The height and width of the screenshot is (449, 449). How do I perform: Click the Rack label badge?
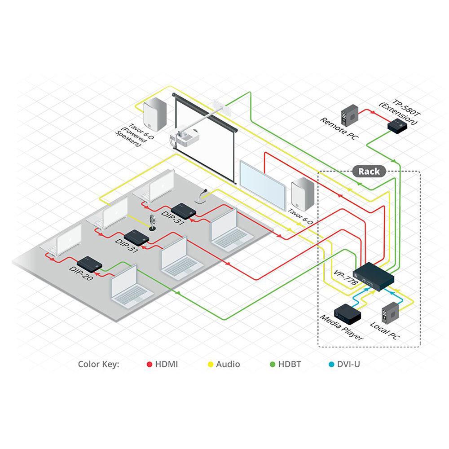tap(369, 171)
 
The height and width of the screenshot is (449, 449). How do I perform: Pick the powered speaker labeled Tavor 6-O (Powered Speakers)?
tap(155, 115)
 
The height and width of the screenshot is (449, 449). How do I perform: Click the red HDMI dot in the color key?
tap(150, 365)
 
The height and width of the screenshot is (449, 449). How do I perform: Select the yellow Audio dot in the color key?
tap(210, 365)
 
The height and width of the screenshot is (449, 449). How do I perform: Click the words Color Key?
tap(98, 364)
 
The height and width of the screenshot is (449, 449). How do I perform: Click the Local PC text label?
tap(385, 330)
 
